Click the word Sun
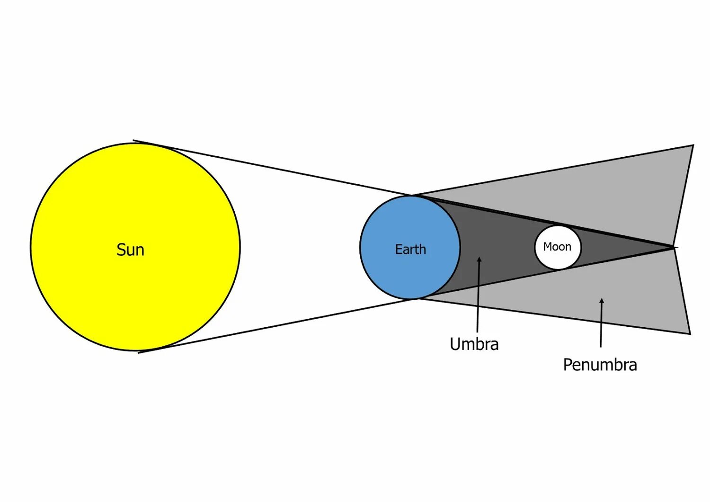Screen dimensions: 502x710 [130, 250]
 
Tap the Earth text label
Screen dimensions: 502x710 [410, 249]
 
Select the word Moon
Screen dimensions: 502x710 [557, 246]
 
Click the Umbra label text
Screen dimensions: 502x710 [474, 344]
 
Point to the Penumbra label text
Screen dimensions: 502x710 [600, 365]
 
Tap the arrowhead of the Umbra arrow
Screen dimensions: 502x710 [479, 260]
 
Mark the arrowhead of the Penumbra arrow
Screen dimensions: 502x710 [602, 301]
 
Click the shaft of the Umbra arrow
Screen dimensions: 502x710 [478, 298]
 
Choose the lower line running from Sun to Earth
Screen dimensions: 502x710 [275, 326]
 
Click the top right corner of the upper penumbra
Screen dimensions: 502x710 [693, 145]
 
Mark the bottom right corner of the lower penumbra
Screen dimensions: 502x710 [690, 333]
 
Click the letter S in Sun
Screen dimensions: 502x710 [121, 250]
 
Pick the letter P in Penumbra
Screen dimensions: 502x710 [568, 365]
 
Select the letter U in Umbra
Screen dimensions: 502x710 [455, 344]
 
